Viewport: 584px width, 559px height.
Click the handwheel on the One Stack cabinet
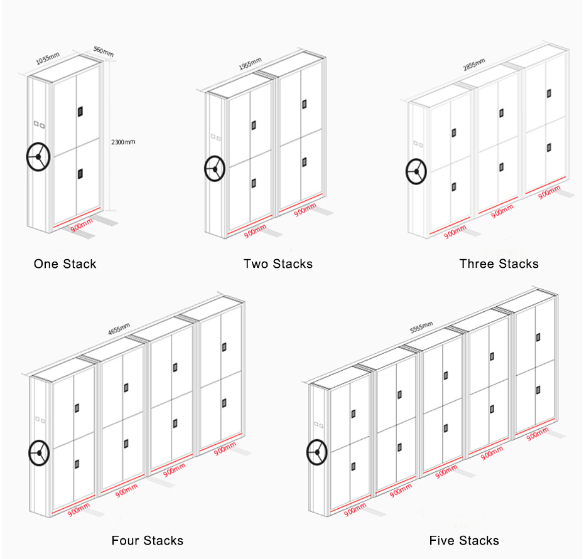[38, 157]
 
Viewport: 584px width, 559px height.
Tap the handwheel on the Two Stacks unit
[215, 169]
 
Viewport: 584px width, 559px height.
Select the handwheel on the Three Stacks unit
[416, 171]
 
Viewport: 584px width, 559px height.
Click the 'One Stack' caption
[65, 264]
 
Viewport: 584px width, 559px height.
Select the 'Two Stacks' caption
[278, 264]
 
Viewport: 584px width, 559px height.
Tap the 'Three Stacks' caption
[499, 264]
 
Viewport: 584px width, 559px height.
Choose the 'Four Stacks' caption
[148, 540]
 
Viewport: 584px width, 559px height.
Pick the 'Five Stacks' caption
[464, 540]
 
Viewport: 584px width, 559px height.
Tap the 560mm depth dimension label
[104, 51]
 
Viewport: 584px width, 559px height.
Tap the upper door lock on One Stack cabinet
[80, 112]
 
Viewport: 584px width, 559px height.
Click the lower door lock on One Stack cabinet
[80, 172]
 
